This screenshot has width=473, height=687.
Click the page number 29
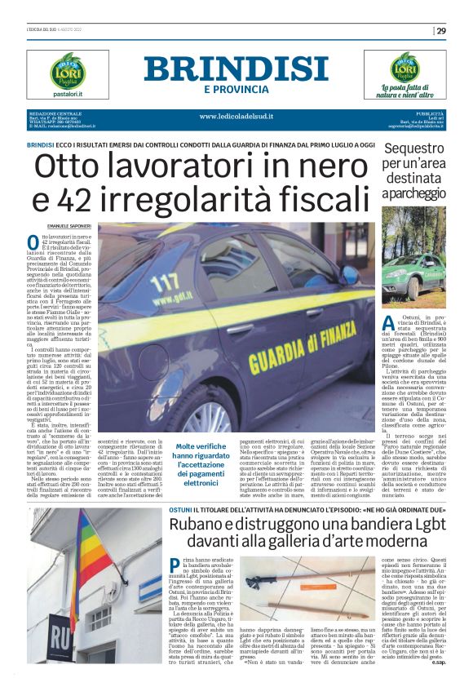441,31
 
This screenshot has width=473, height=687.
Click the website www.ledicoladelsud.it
236,116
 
